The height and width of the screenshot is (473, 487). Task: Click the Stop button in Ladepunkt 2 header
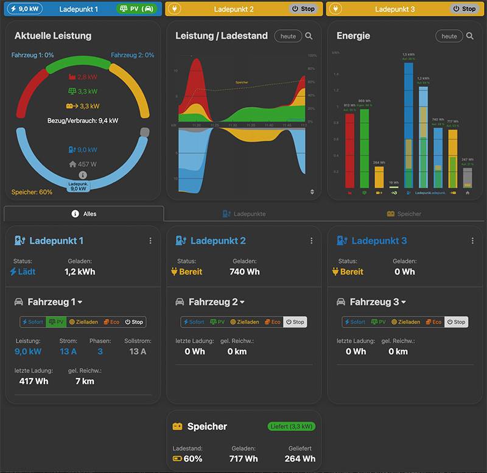[303, 9]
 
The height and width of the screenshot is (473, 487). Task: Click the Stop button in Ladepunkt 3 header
[464, 9]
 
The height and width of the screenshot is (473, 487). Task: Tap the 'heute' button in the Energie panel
[449, 36]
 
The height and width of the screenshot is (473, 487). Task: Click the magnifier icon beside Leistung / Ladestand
[309, 36]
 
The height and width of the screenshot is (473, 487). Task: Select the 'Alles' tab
[84, 214]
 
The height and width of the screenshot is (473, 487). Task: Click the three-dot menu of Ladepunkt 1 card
[150, 241]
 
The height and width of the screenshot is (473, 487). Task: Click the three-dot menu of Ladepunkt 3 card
[472, 241]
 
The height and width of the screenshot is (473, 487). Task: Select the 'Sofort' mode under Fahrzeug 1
[33, 322]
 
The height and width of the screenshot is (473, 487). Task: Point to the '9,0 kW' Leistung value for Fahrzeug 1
[28, 351]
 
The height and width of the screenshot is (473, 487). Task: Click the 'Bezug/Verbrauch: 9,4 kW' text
[83, 121]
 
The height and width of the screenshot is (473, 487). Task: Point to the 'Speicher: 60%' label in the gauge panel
[32, 192]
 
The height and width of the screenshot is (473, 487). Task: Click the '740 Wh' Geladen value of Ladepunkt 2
[245, 272]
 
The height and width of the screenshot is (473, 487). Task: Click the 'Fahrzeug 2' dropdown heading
[216, 302]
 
